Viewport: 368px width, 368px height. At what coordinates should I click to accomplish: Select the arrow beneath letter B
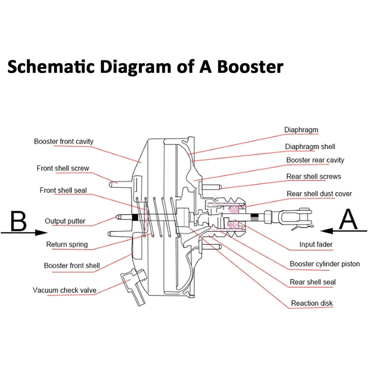[x=24, y=232]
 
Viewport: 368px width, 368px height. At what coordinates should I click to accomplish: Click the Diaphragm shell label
[x=310, y=147]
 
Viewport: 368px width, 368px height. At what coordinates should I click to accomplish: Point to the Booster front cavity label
[x=64, y=141]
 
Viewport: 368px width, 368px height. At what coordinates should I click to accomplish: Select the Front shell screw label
[x=63, y=168]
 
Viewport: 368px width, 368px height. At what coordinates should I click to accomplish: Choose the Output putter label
[x=65, y=221]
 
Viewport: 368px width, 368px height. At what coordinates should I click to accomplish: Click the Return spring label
[x=67, y=244]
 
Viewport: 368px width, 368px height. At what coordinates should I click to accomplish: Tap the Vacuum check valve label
[x=64, y=290]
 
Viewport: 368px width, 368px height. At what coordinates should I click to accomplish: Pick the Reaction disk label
[x=312, y=303]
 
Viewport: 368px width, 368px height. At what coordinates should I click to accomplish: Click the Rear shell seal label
[x=312, y=282]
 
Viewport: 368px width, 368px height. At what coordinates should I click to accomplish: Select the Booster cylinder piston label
[x=324, y=264]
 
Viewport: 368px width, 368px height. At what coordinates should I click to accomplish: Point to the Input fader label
[x=316, y=244]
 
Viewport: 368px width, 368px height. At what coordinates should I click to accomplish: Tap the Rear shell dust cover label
[x=319, y=194]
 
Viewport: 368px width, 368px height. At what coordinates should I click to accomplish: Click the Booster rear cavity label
[x=315, y=160]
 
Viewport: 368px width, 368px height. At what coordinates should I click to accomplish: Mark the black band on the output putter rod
[x=135, y=218]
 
